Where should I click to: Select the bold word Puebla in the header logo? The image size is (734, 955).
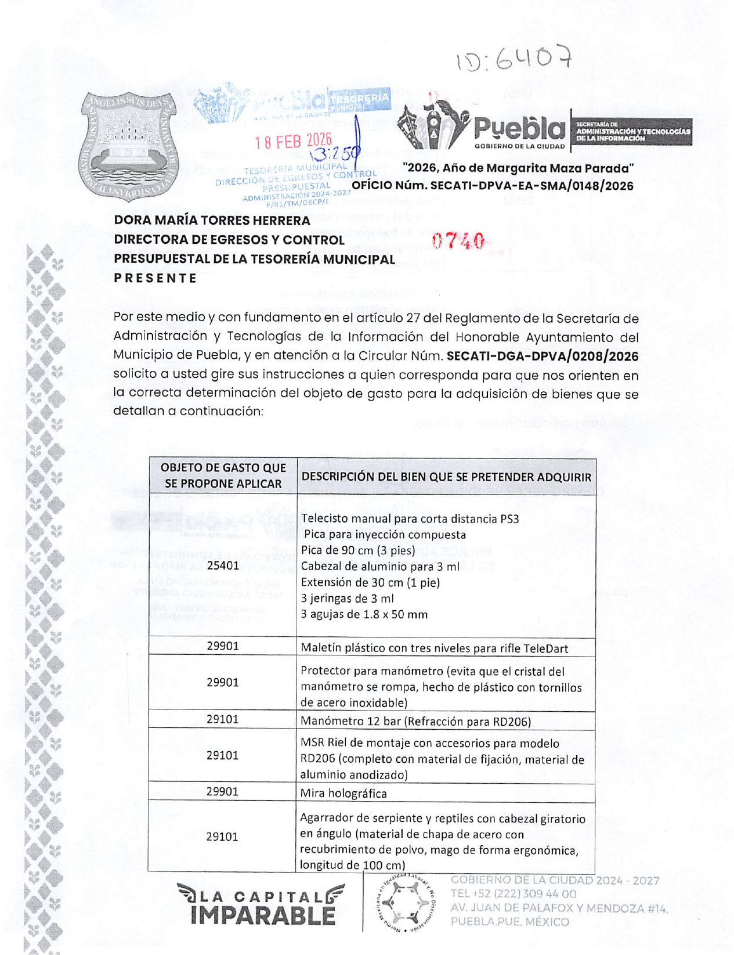pos(519,130)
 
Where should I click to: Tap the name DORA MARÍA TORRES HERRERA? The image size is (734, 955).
pos(212,221)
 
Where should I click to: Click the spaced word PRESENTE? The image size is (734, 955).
pos(156,278)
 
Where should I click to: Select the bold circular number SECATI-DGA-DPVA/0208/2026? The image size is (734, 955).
pos(543,356)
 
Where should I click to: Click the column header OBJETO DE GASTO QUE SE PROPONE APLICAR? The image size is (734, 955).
pos(223,475)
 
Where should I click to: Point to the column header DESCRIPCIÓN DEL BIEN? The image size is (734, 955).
pos(446,477)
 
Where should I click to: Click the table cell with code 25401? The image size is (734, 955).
pos(223,565)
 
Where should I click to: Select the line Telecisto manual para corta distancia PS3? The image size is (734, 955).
pos(410,518)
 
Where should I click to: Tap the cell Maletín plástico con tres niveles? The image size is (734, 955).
pos(434,648)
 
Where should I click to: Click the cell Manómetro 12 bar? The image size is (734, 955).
pos(415,721)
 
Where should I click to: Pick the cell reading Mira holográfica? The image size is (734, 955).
pos(344,793)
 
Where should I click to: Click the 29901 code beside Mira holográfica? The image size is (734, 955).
pos(223,791)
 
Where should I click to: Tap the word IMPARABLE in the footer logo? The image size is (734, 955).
pos(263,916)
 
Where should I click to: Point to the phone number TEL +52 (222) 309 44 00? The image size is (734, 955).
pos(514,894)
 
